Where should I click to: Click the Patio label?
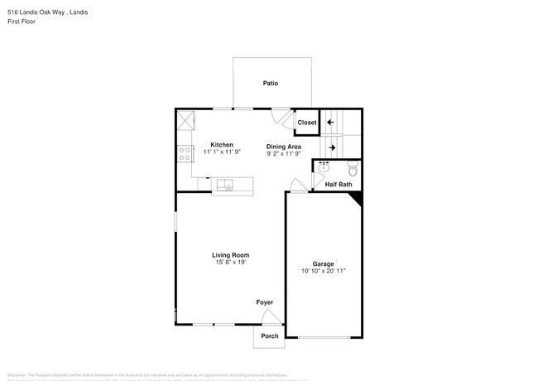(271, 84)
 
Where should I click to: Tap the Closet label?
(307, 123)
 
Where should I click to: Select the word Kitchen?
(221, 145)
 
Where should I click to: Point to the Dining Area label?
(283, 146)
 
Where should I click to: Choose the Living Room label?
(231, 255)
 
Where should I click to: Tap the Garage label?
(324, 263)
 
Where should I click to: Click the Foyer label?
(264, 302)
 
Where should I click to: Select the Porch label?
(270, 336)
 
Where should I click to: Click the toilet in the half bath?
(352, 170)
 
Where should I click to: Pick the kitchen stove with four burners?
(184, 153)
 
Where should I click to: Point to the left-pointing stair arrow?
(330, 123)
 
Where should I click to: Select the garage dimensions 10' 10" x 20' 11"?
(324, 271)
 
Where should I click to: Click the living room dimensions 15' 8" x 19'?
(231, 263)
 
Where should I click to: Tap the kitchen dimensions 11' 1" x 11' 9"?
(221, 152)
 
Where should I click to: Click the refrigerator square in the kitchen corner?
(185, 121)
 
